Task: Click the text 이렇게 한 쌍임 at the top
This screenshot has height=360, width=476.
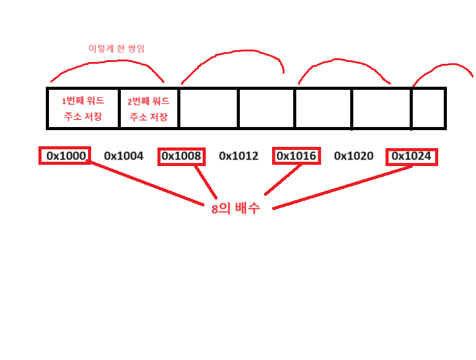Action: [117, 48]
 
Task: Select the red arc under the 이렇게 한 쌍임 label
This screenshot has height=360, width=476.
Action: [105, 63]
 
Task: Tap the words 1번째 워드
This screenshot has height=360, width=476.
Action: [82, 100]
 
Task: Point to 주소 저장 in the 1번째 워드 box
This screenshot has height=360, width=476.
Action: [82, 116]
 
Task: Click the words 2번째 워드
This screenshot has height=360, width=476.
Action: [149, 101]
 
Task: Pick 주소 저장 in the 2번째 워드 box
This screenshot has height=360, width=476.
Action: [149, 116]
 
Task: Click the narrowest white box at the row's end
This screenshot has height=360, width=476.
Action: [428, 108]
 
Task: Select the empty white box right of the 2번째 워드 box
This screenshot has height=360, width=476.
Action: [208, 108]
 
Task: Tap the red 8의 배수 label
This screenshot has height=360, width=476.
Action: [236, 209]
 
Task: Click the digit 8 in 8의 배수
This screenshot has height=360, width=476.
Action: [214, 209]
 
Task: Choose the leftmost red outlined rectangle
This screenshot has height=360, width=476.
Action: [64, 155]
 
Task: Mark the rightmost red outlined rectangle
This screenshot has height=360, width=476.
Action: [412, 157]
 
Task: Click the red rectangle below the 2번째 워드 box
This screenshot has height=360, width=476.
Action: [181, 157]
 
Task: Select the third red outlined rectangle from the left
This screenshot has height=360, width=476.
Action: [296, 156]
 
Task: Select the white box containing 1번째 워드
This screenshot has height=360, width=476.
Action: [83, 108]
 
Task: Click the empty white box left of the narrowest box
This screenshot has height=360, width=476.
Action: [381, 108]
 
